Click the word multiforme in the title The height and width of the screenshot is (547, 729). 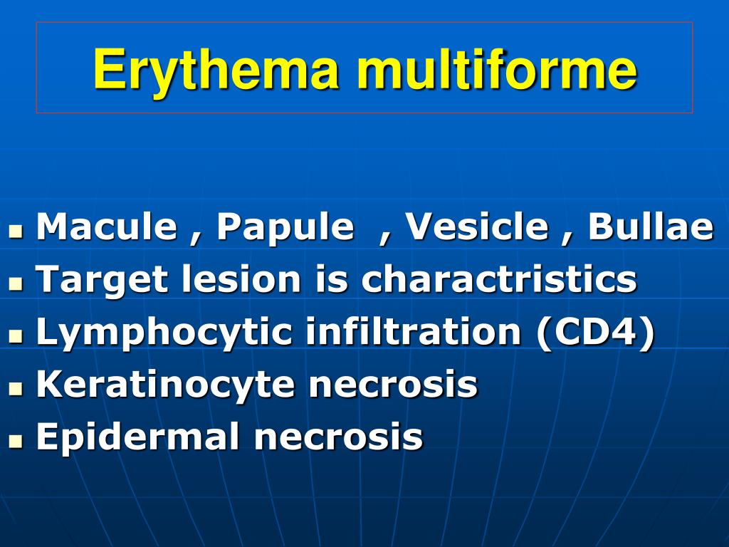pos(496,70)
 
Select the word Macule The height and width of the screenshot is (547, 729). pos(106,227)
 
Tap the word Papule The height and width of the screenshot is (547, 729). pos(285,227)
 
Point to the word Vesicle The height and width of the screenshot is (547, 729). pos(477,227)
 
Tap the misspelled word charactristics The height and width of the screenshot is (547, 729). pos(498,279)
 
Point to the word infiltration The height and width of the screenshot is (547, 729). pos(414,332)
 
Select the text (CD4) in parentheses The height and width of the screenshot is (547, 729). pos(595,333)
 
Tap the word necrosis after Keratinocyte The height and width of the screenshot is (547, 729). pos(392,385)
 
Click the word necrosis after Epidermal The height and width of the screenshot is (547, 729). pos(338,437)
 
